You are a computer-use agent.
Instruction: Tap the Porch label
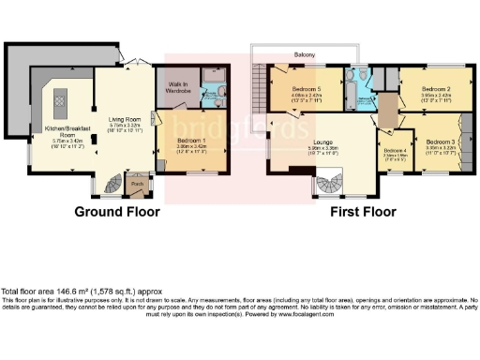coord(137,184)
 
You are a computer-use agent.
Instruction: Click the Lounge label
coord(310,142)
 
